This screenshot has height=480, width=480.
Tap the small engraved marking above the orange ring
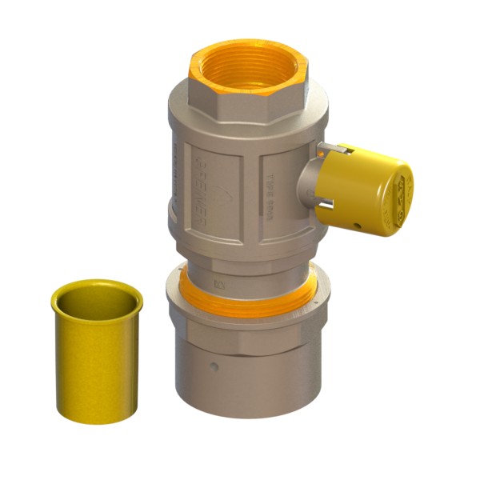[217, 282]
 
